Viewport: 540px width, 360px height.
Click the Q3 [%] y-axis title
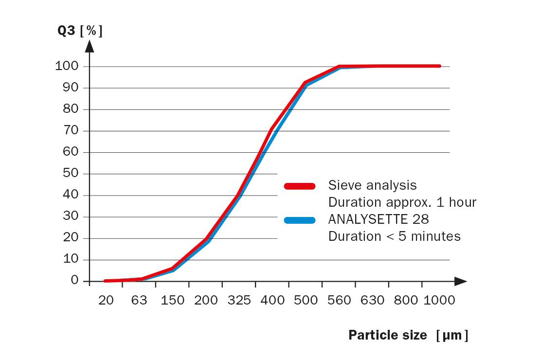click(x=80, y=31)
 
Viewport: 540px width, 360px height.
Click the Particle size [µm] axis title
click(x=408, y=335)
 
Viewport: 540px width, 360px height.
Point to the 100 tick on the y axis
click(x=67, y=66)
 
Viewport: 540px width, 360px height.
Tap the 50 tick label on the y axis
click(x=71, y=174)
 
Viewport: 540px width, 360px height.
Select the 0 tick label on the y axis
click(x=74, y=281)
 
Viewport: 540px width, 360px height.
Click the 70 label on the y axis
click(x=71, y=130)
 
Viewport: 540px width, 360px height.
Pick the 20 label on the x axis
click(x=106, y=300)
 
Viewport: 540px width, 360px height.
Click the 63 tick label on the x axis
click(x=139, y=300)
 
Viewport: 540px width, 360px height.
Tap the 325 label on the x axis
click(x=239, y=300)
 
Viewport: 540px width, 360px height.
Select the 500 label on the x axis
click(x=306, y=300)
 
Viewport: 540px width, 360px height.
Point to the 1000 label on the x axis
click(x=439, y=300)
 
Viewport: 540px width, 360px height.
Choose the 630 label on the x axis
click(x=373, y=300)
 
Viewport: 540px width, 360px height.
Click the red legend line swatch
click(x=300, y=186)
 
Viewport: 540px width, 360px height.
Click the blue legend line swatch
click(x=300, y=220)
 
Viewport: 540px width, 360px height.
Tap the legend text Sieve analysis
click(x=372, y=185)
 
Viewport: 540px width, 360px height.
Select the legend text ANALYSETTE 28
click(x=378, y=219)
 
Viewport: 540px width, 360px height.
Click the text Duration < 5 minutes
click(x=394, y=236)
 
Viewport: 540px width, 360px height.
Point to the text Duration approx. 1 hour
click(x=402, y=202)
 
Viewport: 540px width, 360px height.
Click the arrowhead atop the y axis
click(x=90, y=46)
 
